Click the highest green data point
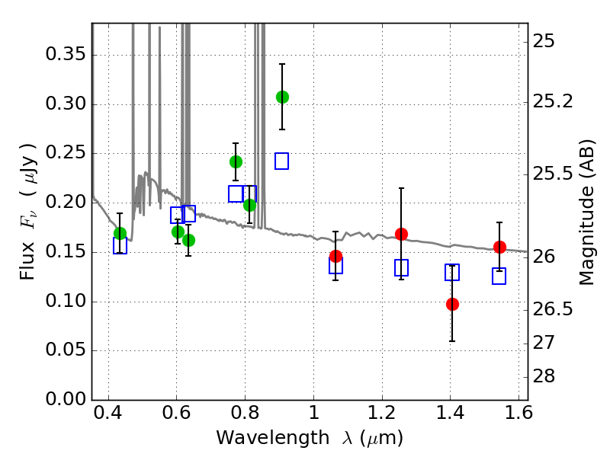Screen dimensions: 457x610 282,97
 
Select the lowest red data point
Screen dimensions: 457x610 452,304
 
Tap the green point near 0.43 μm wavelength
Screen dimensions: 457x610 120,233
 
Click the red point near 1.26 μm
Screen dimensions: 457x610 401,234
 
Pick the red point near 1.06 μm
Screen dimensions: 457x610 335,256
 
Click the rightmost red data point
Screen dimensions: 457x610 499,247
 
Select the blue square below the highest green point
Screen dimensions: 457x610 281,161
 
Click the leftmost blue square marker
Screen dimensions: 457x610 120,245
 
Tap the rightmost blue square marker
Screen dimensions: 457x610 499,276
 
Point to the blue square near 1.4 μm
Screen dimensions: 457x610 452,273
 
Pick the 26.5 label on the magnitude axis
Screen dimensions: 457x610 555,309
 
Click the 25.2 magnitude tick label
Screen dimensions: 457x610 555,101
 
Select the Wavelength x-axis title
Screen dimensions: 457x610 310,438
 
